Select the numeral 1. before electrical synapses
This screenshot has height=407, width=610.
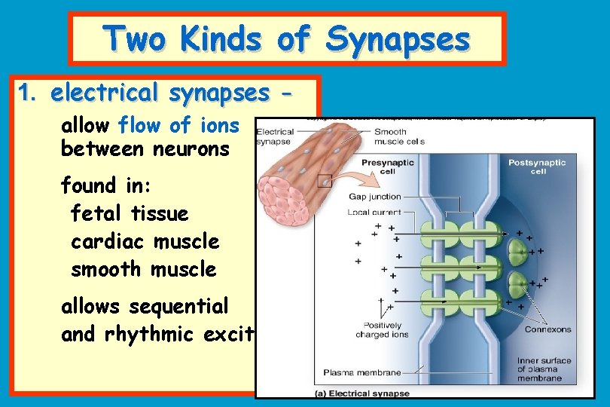coord(27,93)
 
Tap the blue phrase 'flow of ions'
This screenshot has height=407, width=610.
coord(178,124)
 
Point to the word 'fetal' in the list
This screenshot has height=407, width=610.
coord(97,214)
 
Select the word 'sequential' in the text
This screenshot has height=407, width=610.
coord(178,307)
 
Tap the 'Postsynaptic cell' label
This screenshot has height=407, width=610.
coord(537,167)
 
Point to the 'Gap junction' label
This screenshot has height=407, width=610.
coord(374,197)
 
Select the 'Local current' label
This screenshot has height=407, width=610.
coord(374,213)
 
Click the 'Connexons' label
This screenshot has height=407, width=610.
coord(547,329)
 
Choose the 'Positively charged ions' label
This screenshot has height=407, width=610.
coord(382,329)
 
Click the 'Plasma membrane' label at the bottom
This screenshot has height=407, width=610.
coord(361,372)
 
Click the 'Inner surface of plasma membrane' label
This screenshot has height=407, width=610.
coord(543,369)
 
